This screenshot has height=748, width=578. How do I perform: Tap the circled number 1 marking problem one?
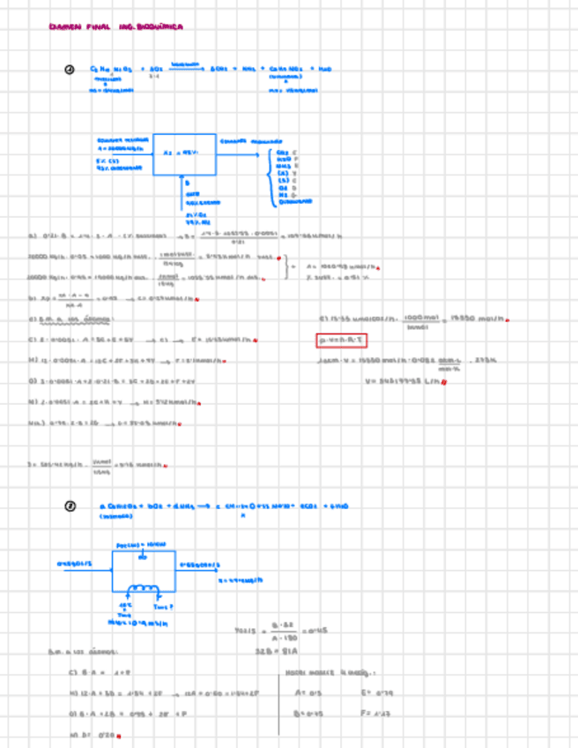pos(70,70)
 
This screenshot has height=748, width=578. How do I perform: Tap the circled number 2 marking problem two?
pos(70,505)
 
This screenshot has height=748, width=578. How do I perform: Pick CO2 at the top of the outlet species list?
pos(283,153)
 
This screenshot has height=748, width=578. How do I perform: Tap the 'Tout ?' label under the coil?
pos(164,606)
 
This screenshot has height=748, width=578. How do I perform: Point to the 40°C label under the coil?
pos(125,605)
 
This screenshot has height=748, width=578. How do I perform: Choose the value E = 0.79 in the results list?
pos(369,692)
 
